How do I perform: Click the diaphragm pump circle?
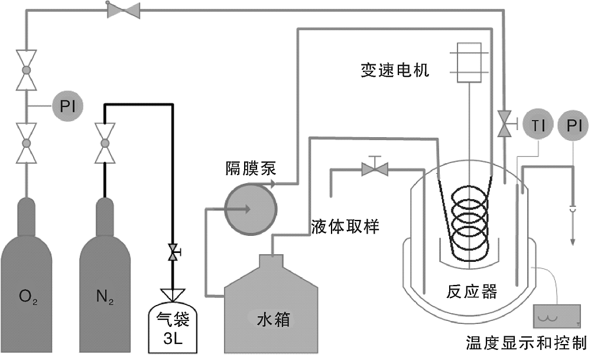pyautogui.click(x=250, y=209)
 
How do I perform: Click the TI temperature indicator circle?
pyautogui.click(x=537, y=125)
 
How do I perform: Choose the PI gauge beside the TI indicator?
pyautogui.click(x=573, y=125)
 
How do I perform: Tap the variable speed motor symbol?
pyautogui.click(x=470, y=62)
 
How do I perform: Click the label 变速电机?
pyautogui.click(x=395, y=71)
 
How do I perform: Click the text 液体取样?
pyautogui.click(x=345, y=225)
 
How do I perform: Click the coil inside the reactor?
pyautogui.click(x=471, y=222)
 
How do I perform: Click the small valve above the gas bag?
pyautogui.click(x=173, y=253)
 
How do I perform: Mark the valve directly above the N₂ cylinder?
pyautogui.click(x=105, y=143)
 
